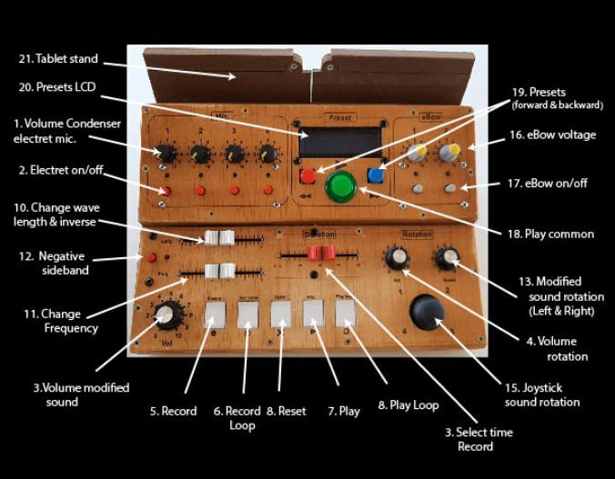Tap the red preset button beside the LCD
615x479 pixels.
[x=308, y=175]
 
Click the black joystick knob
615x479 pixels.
[x=427, y=311]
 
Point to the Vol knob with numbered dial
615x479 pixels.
[x=166, y=316]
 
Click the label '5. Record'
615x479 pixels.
[x=173, y=411]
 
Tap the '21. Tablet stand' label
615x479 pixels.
[x=57, y=59]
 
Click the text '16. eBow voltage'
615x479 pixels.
[x=552, y=135]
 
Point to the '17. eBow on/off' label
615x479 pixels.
[x=547, y=183]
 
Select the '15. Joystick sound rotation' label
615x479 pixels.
[x=542, y=394]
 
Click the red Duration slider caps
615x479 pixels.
[x=320, y=253]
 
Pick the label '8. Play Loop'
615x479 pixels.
[x=408, y=404]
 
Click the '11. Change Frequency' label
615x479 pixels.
[x=61, y=321]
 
